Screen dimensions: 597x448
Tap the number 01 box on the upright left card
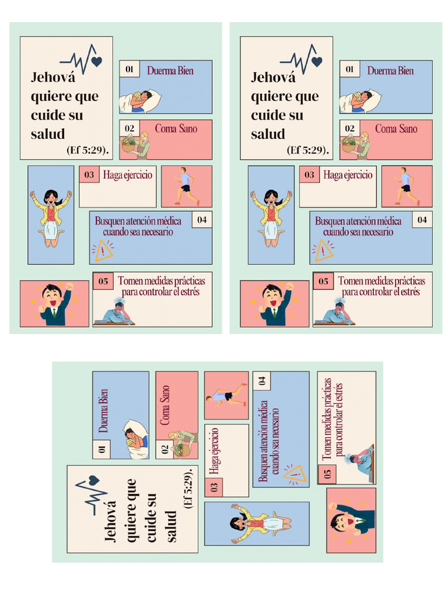click(129, 69)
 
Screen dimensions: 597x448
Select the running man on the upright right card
click(407, 186)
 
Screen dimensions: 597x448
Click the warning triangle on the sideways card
click(295, 474)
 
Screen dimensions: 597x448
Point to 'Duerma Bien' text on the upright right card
click(390, 71)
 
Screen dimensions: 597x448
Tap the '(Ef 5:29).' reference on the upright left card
click(88, 150)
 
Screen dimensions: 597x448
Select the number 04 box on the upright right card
click(422, 220)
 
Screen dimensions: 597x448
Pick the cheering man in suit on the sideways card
click(351, 521)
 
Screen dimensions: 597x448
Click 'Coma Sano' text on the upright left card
click(176, 128)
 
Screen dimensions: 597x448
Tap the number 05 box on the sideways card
click(327, 474)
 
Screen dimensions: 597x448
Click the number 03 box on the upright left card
click(89, 174)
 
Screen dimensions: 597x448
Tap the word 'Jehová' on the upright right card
click(273, 78)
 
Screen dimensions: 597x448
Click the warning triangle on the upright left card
click(103, 251)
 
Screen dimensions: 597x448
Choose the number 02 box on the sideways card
click(165, 449)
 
